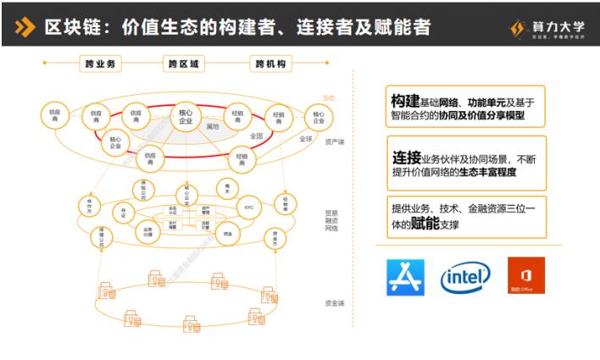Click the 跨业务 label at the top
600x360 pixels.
click(101, 64)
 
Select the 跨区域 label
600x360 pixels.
click(185, 64)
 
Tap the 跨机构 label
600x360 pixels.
click(270, 64)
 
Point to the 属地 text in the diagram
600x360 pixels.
click(213, 126)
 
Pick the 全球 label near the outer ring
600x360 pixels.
click(304, 139)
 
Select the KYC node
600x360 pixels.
click(248, 207)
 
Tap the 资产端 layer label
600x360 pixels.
click(334, 141)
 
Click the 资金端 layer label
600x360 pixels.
click(334, 302)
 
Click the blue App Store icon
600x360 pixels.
click(405, 277)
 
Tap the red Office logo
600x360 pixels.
click(525, 276)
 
